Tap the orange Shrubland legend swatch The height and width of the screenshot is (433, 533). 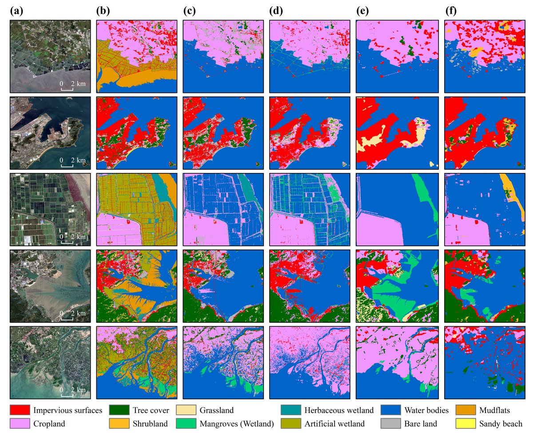click(x=120, y=423)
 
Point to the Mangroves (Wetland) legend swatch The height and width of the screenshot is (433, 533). click(x=187, y=423)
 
